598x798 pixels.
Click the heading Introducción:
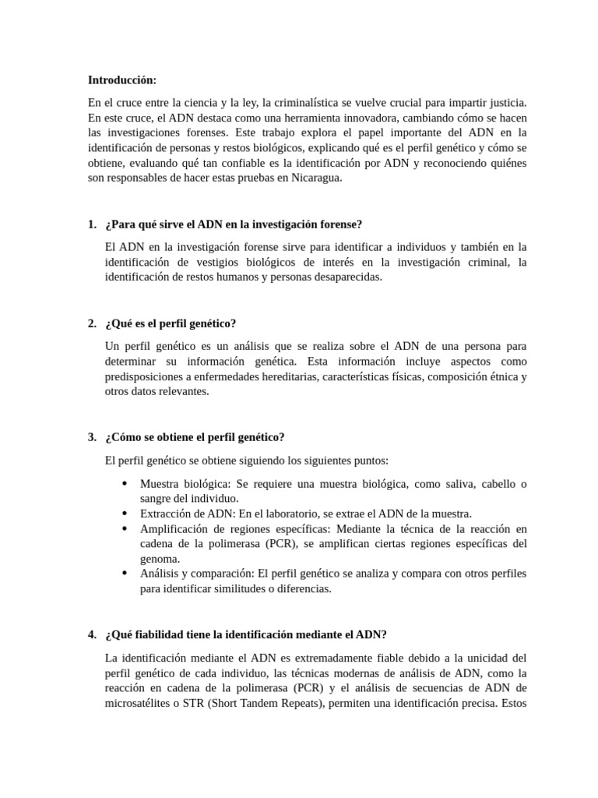coord(122,79)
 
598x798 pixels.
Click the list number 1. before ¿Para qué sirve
coord(93,224)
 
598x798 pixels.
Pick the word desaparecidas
coord(343,277)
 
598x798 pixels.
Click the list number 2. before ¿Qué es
coord(93,323)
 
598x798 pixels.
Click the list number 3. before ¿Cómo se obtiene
coord(93,437)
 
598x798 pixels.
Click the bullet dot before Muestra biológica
coord(125,483)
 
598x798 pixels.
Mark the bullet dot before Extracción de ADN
coord(125,514)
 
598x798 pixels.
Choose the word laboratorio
coord(297,514)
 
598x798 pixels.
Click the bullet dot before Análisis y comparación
coord(125,573)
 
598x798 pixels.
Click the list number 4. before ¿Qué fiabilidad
coord(93,634)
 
